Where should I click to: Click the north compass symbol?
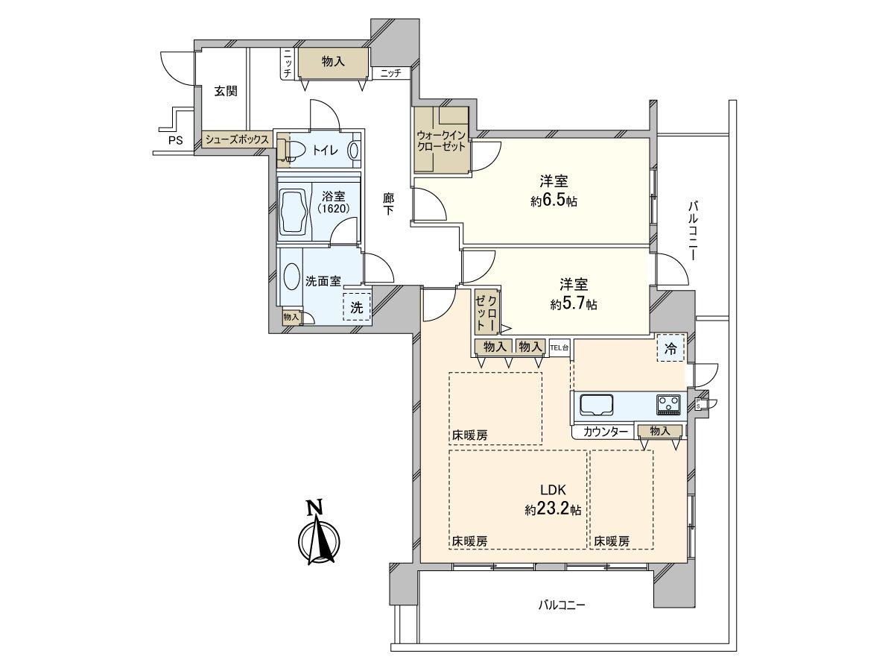(319, 533)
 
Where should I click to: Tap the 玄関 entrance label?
(226, 91)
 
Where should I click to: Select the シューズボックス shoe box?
(237, 139)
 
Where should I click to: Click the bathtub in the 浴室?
(294, 211)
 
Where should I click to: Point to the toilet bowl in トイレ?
(295, 151)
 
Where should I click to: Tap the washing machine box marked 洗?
(357, 307)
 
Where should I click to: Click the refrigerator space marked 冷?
(670, 348)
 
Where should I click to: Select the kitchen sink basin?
(597, 405)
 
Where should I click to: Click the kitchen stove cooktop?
(668, 405)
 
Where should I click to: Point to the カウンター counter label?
(605, 432)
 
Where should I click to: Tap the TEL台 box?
(559, 347)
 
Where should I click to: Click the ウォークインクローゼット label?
(441, 141)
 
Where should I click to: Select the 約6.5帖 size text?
(554, 201)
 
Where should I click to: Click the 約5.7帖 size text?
(574, 304)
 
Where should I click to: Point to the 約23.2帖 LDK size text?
(553, 509)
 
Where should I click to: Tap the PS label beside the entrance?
(176, 141)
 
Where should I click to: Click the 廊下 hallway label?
(388, 204)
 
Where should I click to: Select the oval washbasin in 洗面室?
(291, 276)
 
